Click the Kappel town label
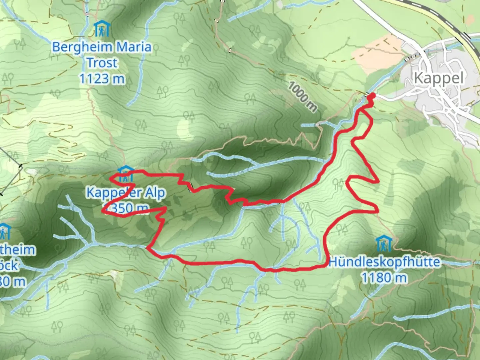click(438, 78)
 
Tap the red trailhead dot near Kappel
click(372, 96)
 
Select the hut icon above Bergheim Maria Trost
click(101, 29)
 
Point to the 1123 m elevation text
click(102, 79)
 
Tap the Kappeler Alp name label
click(126, 193)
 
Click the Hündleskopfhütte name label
click(384, 262)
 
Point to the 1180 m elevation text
click(384, 278)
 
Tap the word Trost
click(102, 63)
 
